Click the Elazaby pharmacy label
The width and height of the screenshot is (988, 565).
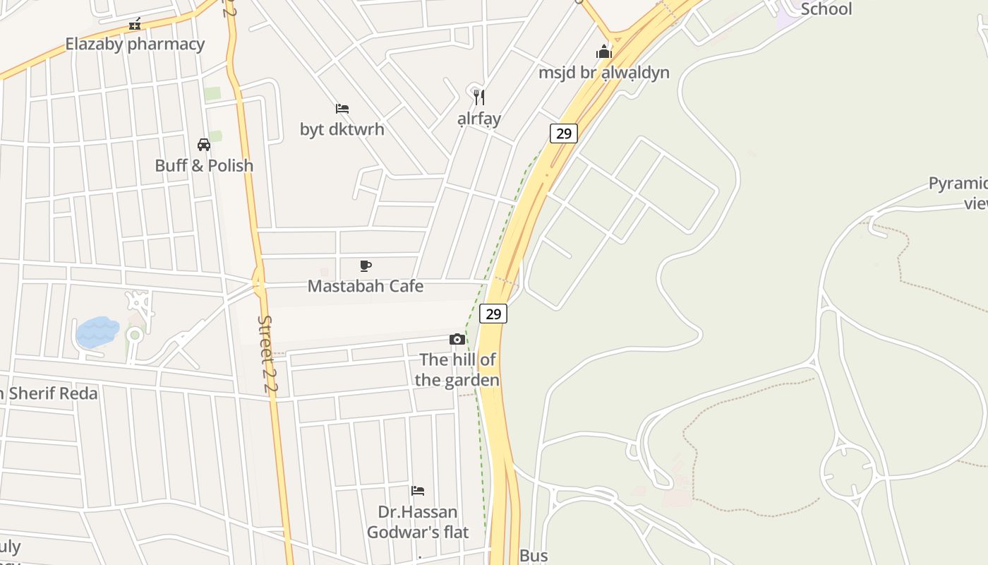135,44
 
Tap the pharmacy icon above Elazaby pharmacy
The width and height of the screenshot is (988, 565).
135,25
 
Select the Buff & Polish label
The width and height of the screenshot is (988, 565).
204,165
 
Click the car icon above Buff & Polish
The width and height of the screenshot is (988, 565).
204,145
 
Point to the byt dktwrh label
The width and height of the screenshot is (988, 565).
342,129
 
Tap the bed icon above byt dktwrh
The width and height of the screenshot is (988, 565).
342,109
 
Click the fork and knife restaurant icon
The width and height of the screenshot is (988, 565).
479,97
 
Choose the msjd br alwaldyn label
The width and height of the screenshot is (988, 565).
603,72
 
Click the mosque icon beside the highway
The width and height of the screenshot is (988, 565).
603,52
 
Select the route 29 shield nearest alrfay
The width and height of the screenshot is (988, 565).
563,133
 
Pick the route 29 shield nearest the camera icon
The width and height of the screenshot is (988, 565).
493,314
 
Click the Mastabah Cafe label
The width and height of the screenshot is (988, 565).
366,286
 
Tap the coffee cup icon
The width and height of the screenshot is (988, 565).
366,266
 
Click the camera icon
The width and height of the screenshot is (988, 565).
457,340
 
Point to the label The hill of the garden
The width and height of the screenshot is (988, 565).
457,370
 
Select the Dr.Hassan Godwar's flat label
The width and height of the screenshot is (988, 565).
418,522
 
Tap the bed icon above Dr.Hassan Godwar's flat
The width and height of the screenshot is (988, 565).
418,490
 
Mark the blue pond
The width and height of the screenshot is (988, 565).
97,332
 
